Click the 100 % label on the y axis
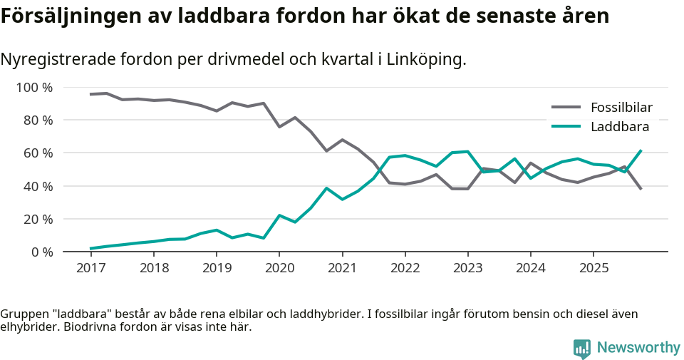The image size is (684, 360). [x=34, y=88]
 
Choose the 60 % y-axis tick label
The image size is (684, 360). [x=37, y=153]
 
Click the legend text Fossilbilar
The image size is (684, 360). [x=621, y=108]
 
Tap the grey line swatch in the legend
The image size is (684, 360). [x=567, y=108]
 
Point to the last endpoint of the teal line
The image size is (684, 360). [x=641, y=150]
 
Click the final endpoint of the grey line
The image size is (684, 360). [x=641, y=189]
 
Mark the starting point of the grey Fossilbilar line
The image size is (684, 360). [x=90, y=94]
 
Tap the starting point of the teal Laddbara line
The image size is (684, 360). [x=90, y=249]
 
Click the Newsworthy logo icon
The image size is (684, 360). [x=581, y=348]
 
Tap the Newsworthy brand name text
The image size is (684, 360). [x=638, y=348]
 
